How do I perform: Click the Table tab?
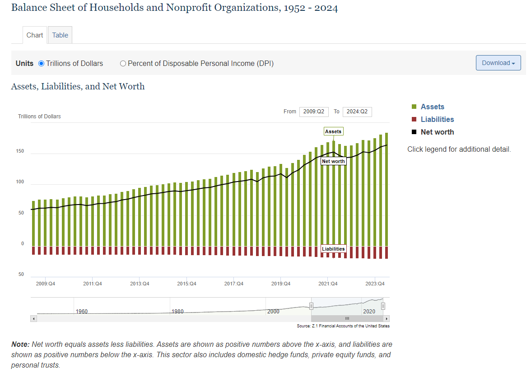(60, 35)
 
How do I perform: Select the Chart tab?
(35, 35)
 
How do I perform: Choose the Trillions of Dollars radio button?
(42, 64)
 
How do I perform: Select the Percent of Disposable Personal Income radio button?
(123, 64)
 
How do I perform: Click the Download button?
(498, 63)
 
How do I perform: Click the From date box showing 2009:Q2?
(314, 112)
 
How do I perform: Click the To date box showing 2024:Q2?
(357, 112)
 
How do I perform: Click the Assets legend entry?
(432, 107)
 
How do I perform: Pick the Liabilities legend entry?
(437, 120)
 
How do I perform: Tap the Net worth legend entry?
(437, 132)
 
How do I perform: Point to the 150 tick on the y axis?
(20, 152)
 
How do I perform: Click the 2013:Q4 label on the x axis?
(140, 284)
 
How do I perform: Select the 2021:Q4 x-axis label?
(328, 284)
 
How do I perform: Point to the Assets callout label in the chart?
(333, 131)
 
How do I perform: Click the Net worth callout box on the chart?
(333, 161)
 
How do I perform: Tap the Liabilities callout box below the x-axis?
(333, 249)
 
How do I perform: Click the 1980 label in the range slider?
(177, 312)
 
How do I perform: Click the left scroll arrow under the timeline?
(33, 319)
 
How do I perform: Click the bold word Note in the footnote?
(20, 345)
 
